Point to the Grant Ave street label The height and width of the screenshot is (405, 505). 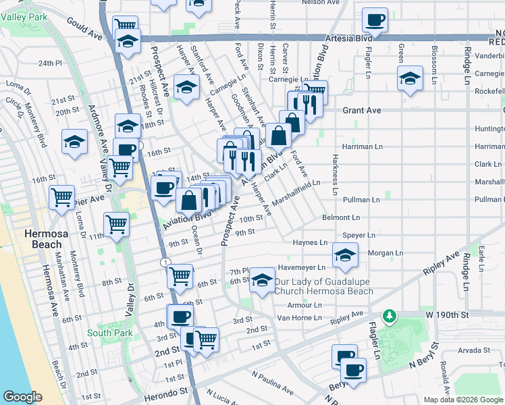tap(362, 110)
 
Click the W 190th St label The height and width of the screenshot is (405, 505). tap(446, 315)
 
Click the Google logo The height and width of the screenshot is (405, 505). tap(22, 397)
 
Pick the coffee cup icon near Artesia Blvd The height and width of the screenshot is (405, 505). tap(375, 20)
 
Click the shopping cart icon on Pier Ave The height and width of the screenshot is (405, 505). tap(61, 198)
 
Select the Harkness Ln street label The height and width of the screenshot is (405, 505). tap(334, 174)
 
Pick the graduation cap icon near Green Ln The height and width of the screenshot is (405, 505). tap(409, 78)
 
